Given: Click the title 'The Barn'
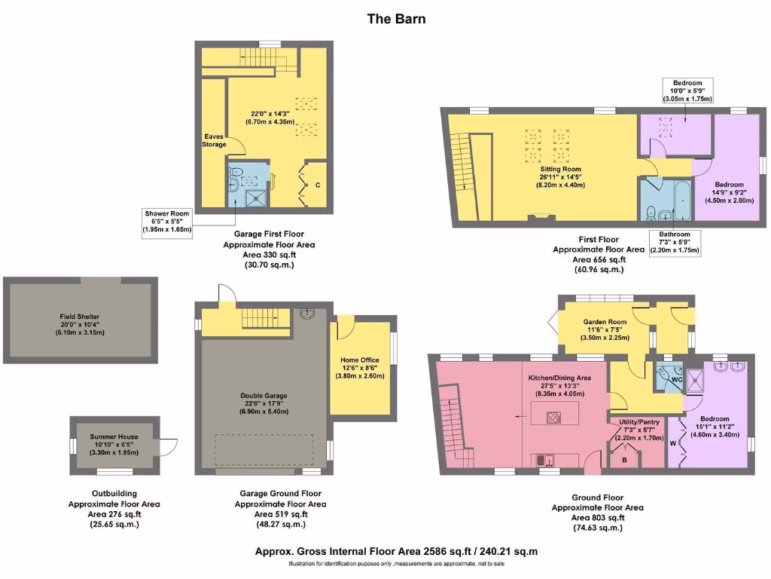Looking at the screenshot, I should [396, 18].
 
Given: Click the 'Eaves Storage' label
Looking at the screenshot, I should [213, 140].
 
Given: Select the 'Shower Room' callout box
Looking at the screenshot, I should [168, 222].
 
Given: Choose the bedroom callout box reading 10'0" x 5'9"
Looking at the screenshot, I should [687, 90].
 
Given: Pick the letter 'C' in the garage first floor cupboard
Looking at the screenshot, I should [318, 185].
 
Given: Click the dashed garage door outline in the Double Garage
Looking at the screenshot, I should [264, 450].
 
